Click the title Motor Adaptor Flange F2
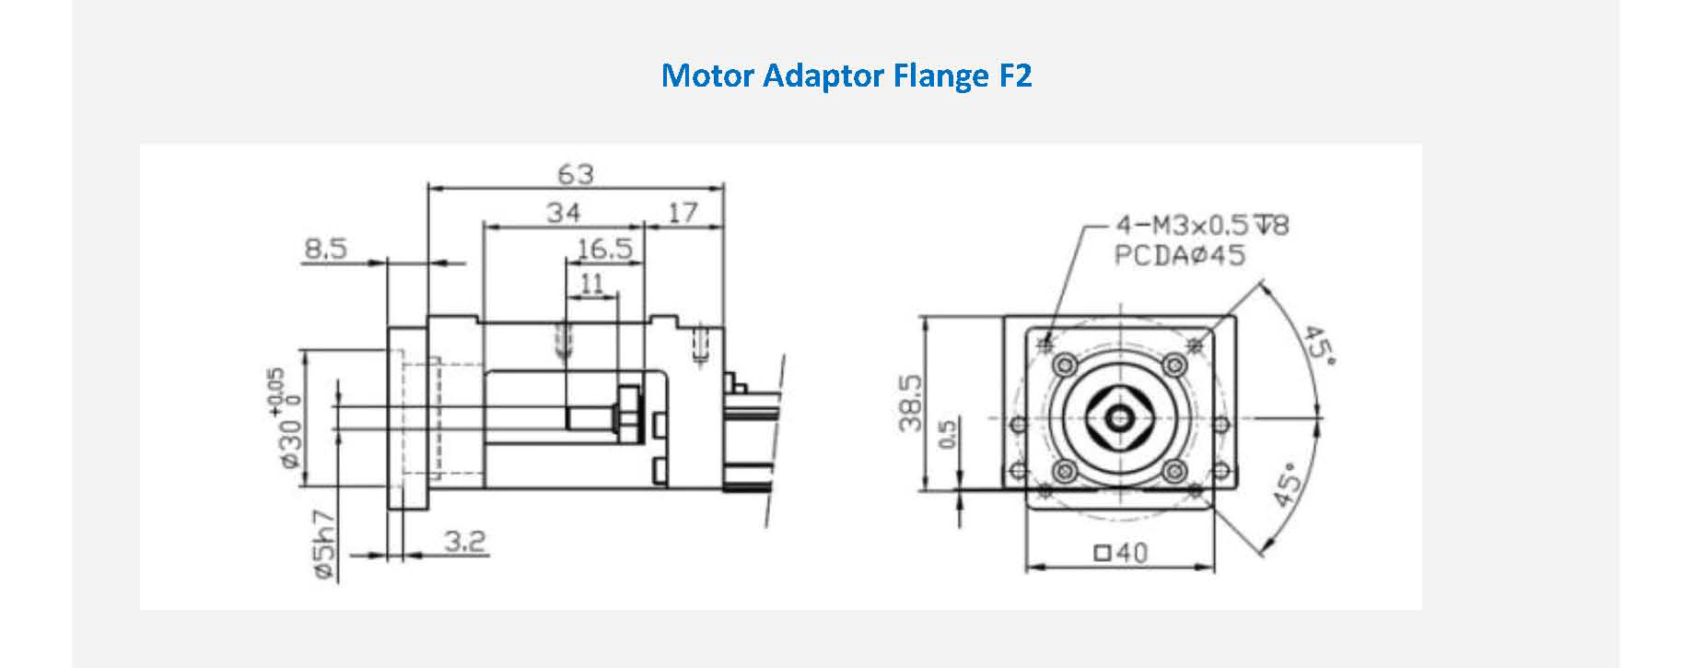tap(846, 75)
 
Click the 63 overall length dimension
tap(576, 173)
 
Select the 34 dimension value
tap(564, 213)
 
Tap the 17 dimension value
tap(683, 213)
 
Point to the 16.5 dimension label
tap(605, 249)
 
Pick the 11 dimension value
tap(591, 283)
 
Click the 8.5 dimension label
tap(326, 249)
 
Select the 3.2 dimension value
tap(464, 541)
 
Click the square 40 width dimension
tap(1121, 553)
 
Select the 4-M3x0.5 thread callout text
tap(1202, 225)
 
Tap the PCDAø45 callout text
tap(1180, 255)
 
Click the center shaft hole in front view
tap(1120, 419)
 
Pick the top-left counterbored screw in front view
tap(1066, 366)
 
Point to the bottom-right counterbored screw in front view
tap(1173, 473)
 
